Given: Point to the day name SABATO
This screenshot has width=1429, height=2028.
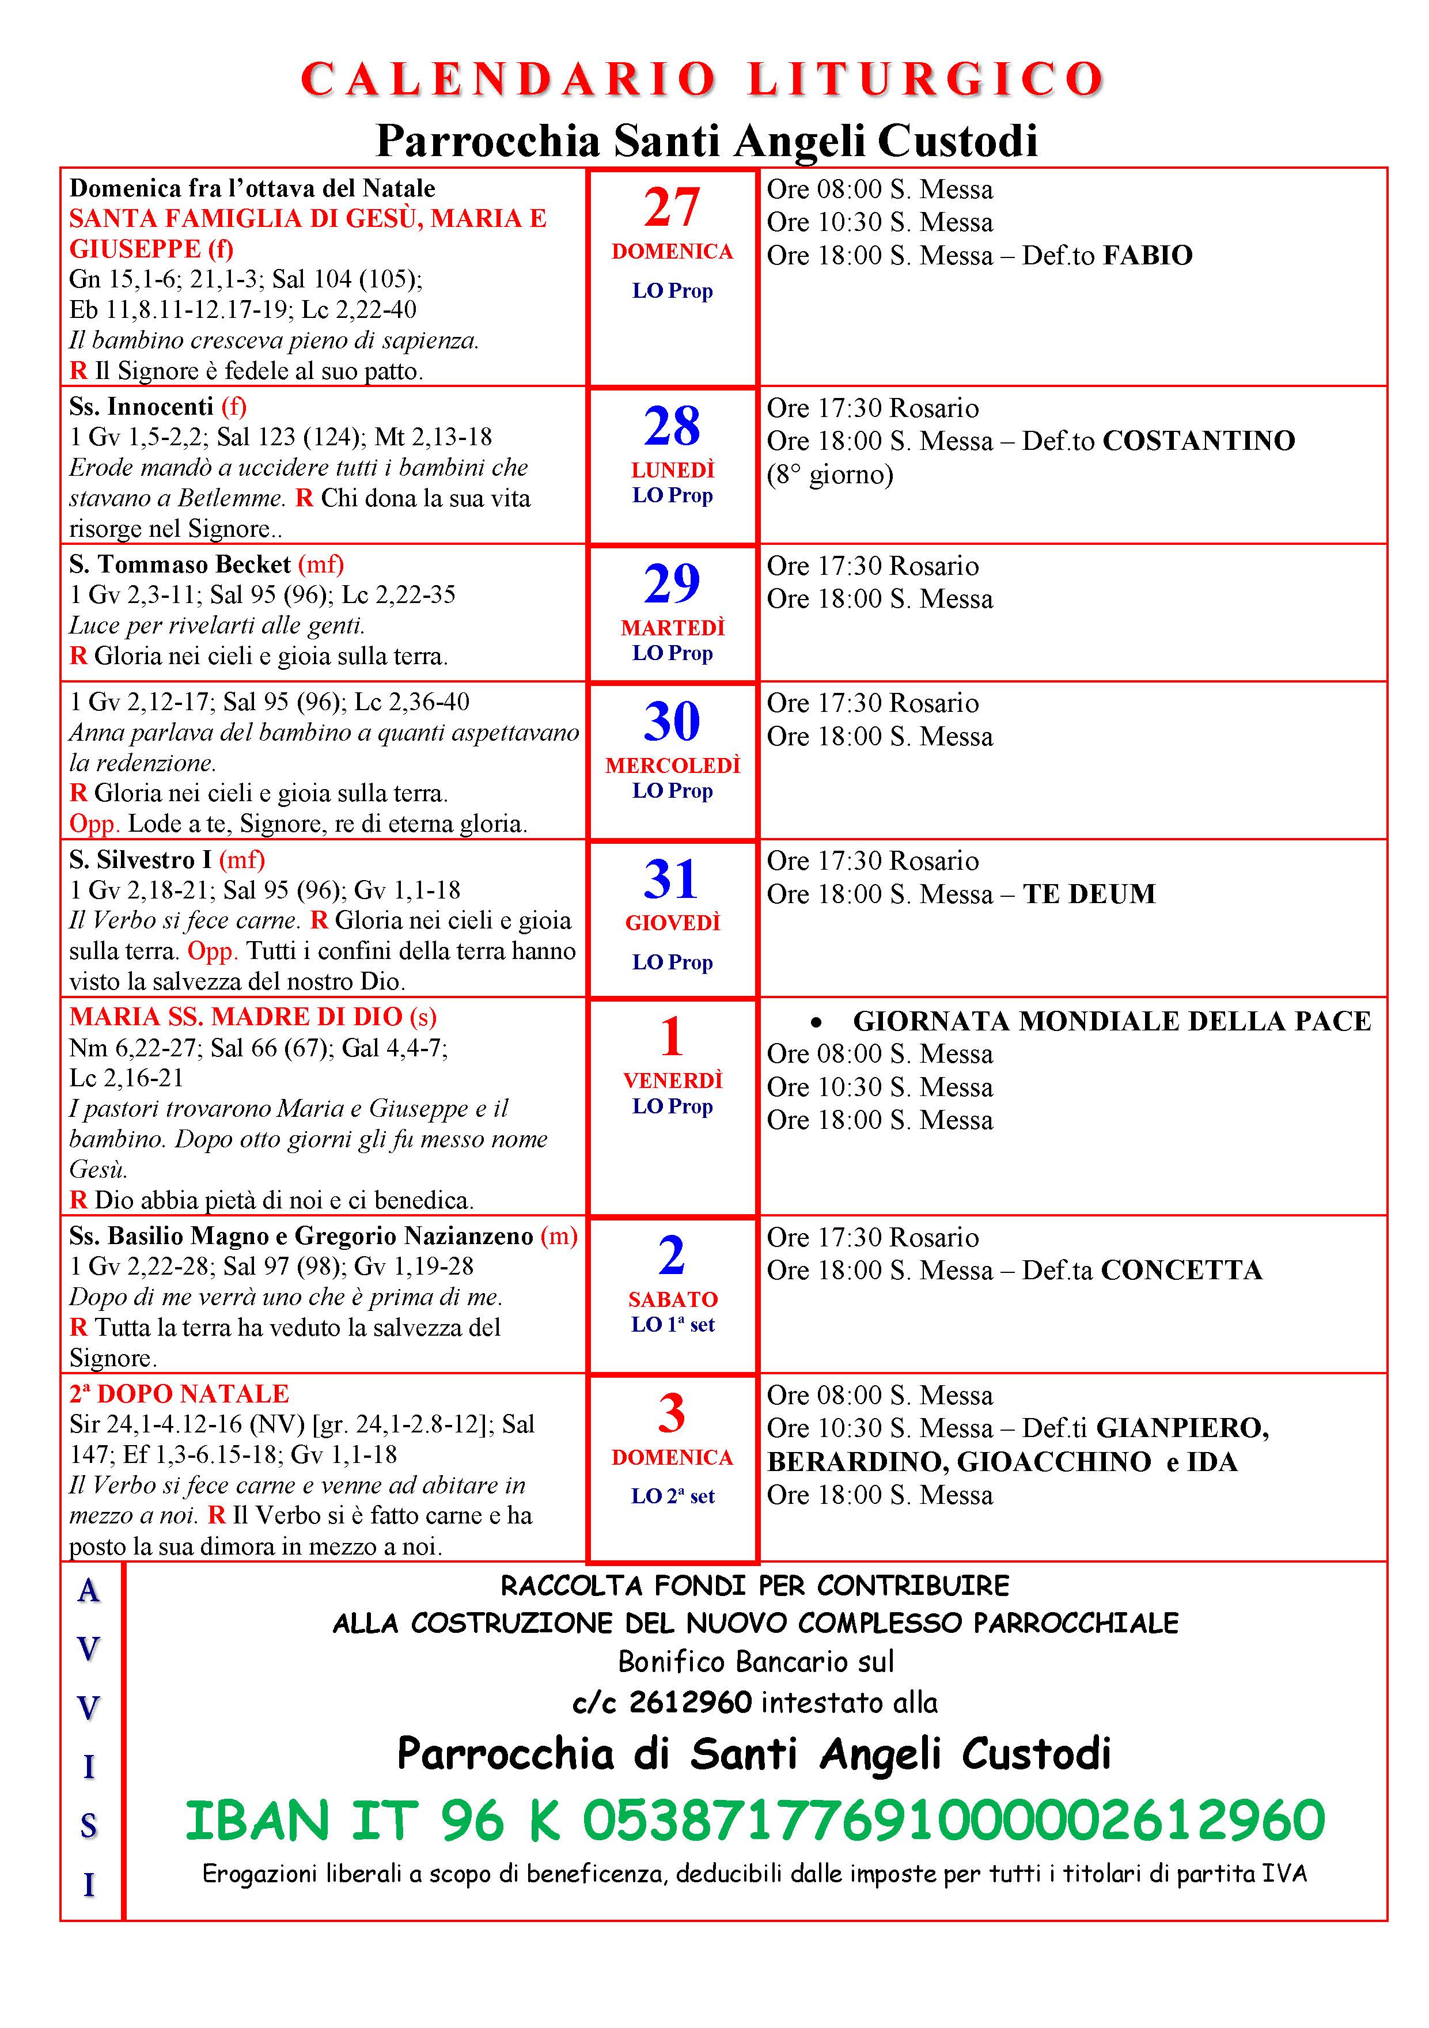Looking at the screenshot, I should tap(673, 1299).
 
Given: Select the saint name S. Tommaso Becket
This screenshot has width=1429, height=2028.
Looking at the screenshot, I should tap(180, 564).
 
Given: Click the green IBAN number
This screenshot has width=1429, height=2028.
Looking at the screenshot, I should tap(755, 1821).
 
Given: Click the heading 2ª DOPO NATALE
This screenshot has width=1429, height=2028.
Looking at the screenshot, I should tap(179, 1394).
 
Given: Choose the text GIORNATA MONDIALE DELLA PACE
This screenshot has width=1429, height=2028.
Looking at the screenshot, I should tap(1111, 1021).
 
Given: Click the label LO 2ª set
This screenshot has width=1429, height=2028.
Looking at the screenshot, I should tap(672, 1496).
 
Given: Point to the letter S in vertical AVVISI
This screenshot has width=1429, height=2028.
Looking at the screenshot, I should tap(88, 1826).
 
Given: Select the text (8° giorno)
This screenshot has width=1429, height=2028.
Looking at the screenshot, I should tap(829, 475).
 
